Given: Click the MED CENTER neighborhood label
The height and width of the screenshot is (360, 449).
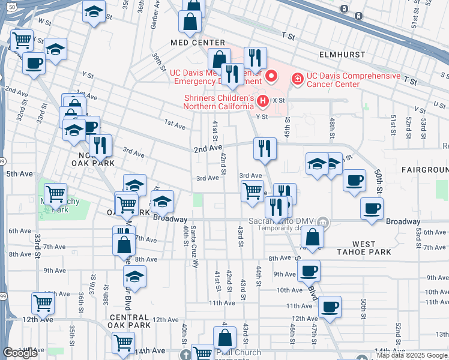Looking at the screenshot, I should tap(197, 43).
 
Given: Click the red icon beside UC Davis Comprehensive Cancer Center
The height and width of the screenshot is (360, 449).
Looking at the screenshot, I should tap(297, 78).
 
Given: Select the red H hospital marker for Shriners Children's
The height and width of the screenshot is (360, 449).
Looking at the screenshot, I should tap(262, 100).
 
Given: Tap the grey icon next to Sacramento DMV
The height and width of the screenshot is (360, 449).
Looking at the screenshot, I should tap(323, 222).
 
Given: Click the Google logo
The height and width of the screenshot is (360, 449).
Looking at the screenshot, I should tap(20, 353).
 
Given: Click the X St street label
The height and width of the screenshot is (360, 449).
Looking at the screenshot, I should tap(278, 100).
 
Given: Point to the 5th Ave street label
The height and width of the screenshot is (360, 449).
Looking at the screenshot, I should tap(19, 174).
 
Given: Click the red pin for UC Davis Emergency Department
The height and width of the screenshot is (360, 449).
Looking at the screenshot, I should tap(271, 76).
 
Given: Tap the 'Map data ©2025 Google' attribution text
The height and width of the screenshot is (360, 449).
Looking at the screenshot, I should tap(412, 355).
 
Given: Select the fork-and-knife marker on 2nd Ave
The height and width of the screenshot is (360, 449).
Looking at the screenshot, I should tap(265, 148).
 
